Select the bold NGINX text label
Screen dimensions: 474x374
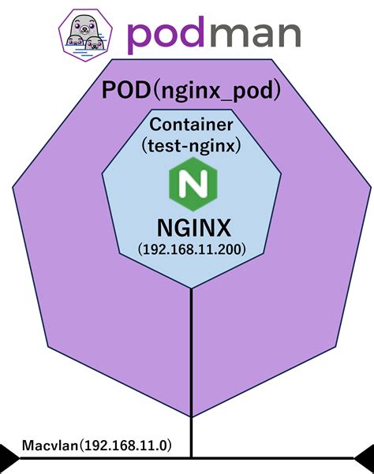193,227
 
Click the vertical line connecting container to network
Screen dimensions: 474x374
192,355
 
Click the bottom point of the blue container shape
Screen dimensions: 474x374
192,288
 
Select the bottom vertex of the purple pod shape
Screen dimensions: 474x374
192,417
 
